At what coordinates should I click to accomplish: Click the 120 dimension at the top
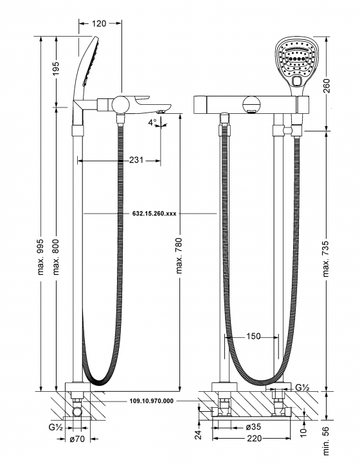[99, 23]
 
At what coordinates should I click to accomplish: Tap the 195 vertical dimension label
[56, 68]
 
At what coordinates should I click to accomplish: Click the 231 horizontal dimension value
[136, 160]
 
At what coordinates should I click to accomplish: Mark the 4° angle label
[153, 122]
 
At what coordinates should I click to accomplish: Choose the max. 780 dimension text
[179, 256]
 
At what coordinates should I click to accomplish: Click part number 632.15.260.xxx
[154, 214]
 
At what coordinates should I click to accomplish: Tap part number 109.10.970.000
[152, 401]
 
